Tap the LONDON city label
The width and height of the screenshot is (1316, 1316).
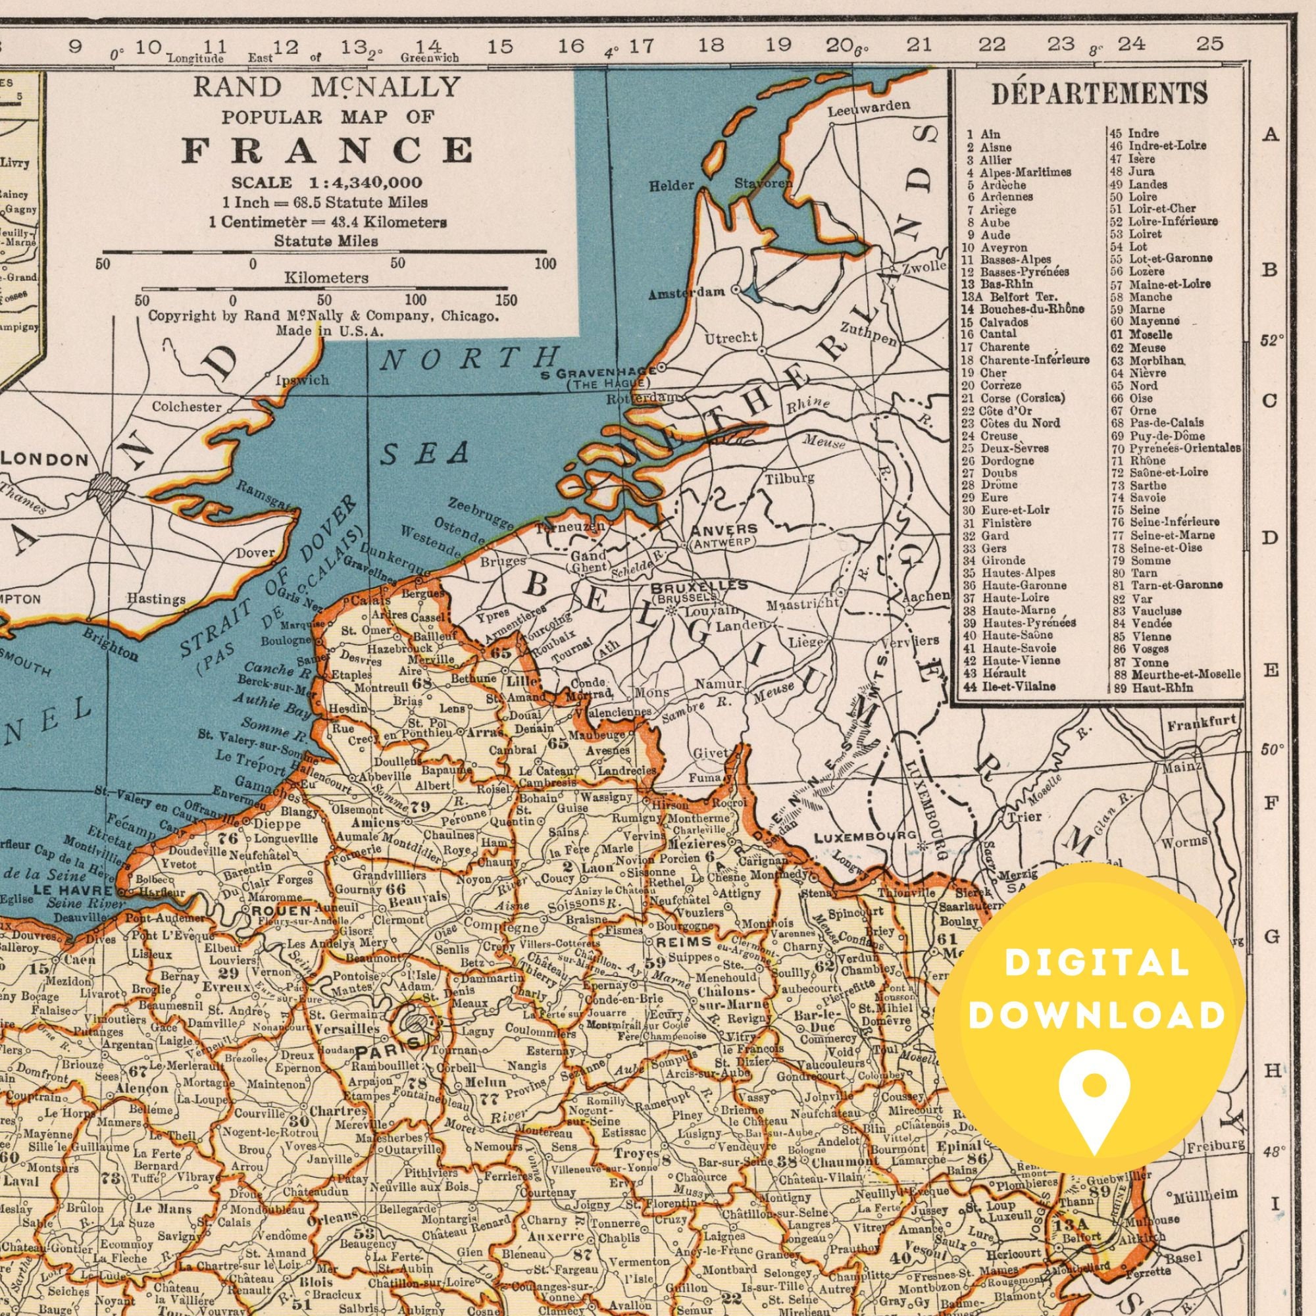45,460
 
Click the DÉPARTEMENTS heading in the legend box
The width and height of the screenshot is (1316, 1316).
1100,94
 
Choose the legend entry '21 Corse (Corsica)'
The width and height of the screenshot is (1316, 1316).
1013,398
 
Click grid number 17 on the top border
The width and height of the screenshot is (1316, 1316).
640,46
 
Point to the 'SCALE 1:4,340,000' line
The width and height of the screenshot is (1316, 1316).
326,183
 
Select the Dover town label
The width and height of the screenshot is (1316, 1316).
255,553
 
